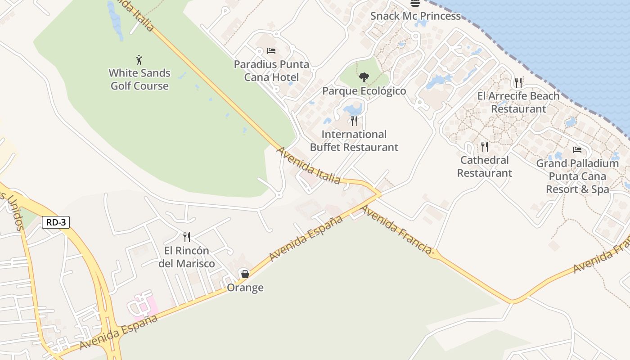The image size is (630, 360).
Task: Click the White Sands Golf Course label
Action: click(139, 80)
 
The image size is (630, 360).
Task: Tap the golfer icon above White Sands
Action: click(139, 59)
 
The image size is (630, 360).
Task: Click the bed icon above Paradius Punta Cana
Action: click(271, 50)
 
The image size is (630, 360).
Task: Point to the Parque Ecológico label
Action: click(364, 91)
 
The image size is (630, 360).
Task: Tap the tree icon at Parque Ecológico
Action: click(364, 77)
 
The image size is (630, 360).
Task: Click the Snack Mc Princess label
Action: click(415, 16)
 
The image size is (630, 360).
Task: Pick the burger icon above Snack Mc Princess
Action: click(415, 3)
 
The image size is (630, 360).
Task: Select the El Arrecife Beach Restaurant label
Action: click(518, 102)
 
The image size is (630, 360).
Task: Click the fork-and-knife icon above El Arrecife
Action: click(518, 82)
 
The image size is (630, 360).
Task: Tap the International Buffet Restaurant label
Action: click(354, 141)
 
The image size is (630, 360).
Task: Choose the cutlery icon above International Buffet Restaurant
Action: click(354, 121)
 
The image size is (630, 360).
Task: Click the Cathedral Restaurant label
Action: click(485, 166)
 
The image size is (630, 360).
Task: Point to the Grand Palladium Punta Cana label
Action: click(577, 176)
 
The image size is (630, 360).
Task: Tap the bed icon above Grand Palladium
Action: click(577, 150)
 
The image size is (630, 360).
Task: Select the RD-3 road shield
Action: click(56, 222)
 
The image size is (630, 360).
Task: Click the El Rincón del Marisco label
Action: click(187, 257)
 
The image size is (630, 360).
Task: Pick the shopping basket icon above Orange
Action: click(245, 274)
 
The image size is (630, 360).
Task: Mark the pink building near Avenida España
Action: click(144, 304)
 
